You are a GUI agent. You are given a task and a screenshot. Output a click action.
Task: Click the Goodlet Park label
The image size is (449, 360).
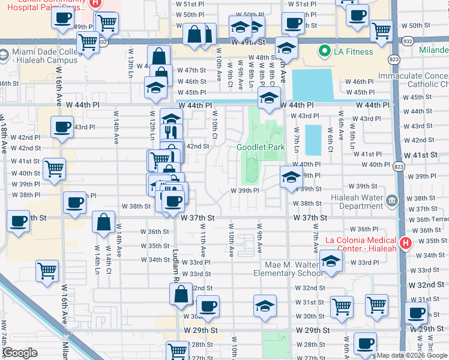click(261, 147)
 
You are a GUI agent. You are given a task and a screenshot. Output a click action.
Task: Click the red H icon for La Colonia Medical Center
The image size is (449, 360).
click(405, 244)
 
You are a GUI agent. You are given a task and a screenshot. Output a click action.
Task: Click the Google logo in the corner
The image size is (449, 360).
click(20, 353)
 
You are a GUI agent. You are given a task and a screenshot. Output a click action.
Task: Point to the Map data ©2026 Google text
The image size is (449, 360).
click(412, 355)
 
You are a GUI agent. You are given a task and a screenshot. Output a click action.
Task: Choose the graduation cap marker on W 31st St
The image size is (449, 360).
click(265, 305)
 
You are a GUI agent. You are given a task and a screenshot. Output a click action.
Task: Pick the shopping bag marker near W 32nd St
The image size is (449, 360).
click(181, 294)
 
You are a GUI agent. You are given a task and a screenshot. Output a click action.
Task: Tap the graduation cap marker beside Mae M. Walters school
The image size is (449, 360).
click(331, 261)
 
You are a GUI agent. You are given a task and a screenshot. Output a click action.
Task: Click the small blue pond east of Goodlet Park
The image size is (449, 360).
click(313, 140)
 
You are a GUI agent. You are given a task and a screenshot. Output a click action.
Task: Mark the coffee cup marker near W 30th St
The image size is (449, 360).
click(208, 306)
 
